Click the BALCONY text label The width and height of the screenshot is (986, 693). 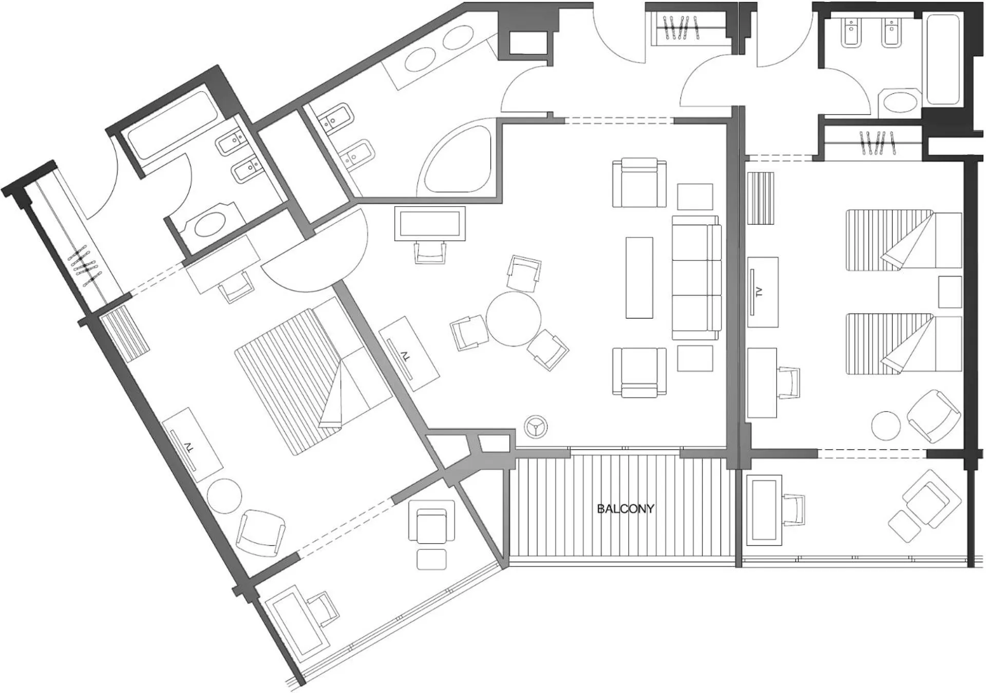(x=625, y=509)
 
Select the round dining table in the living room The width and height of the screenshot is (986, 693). (x=514, y=319)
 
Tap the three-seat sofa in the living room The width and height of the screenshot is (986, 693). (x=696, y=278)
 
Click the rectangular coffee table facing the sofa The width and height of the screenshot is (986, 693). (x=639, y=278)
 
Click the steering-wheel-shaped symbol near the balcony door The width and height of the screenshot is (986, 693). (x=536, y=427)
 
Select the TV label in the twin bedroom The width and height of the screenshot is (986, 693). (x=759, y=292)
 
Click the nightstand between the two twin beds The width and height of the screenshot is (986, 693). (x=950, y=292)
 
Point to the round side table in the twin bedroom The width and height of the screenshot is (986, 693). (x=886, y=426)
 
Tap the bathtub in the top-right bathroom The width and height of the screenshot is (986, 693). (x=943, y=59)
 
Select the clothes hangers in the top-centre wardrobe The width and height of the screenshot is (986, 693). (x=681, y=28)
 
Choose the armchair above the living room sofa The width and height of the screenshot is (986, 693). (x=639, y=183)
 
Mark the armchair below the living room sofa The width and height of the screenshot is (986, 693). (x=639, y=372)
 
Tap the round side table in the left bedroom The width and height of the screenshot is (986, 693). (x=224, y=496)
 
